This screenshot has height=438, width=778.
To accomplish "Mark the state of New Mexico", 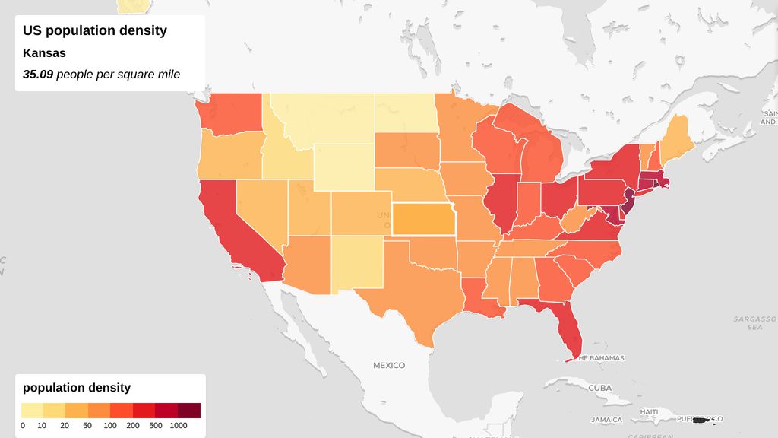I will [x=358, y=262].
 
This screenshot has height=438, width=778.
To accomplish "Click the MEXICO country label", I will [x=389, y=366].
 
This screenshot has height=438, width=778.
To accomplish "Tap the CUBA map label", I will [x=599, y=388].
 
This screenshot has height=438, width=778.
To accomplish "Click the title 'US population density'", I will [x=95, y=31].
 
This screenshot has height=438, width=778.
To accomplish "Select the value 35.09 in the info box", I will [x=37, y=75].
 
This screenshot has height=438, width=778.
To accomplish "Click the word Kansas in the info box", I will [x=44, y=53].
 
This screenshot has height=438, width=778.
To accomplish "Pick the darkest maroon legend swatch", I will [x=189, y=411].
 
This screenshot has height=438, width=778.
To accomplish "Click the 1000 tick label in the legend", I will [x=178, y=426].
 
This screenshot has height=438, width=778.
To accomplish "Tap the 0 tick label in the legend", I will [x=23, y=426].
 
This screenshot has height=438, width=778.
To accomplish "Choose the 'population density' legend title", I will [x=77, y=388].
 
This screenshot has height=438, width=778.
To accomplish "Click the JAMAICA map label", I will [x=608, y=420].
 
